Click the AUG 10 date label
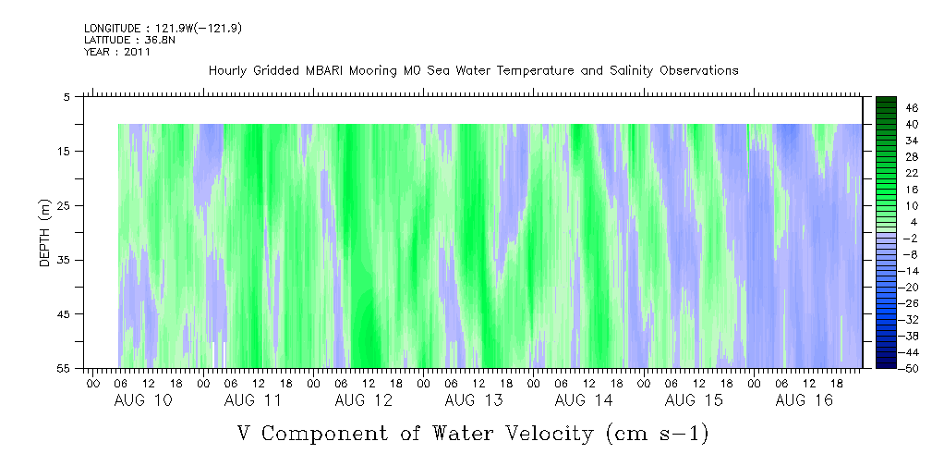pos(142,400)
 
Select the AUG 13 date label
pos(473,400)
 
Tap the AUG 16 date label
pos(804,400)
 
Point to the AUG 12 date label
pos(363,400)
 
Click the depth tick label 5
pos(67,96)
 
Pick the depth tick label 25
pos(64,205)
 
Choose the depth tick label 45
pos(64,314)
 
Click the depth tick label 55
pos(64,368)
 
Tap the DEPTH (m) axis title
pos(44,232)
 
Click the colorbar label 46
pos(912,107)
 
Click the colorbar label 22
pos(912,173)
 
